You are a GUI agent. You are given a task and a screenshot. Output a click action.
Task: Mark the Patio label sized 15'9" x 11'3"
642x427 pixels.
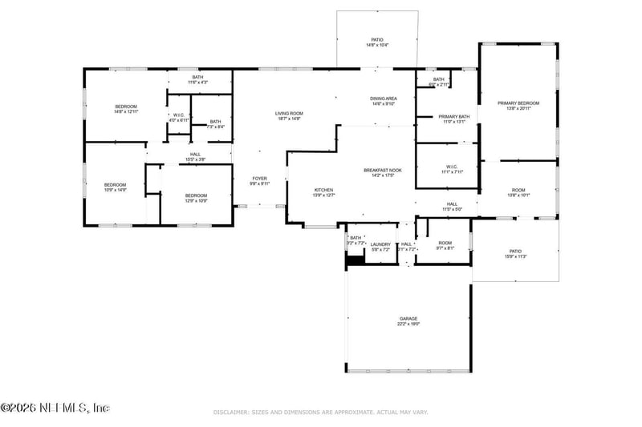click(515, 253)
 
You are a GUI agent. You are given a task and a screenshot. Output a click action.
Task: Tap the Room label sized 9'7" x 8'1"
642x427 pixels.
click(445, 245)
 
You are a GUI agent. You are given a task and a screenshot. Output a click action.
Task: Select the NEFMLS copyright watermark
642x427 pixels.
click(55, 408)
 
